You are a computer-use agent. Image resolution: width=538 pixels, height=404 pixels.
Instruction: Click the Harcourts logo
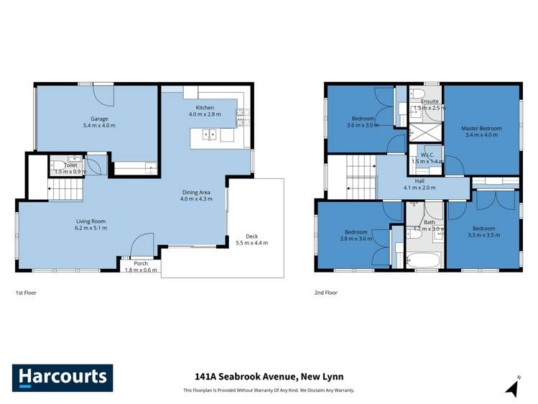(62, 377)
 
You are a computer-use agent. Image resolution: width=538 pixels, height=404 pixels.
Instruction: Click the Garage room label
(98, 119)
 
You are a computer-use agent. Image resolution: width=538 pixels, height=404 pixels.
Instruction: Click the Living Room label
(91, 221)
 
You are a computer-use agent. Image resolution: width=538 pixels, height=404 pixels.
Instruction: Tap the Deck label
(251, 236)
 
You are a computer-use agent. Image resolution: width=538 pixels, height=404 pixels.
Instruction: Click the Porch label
(141, 263)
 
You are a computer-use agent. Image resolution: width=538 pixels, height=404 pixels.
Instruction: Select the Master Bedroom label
(481, 129)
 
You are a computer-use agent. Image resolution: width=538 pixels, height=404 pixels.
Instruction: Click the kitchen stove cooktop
(241, 112)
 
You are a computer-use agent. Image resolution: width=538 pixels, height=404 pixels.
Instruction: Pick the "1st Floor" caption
(26, 293)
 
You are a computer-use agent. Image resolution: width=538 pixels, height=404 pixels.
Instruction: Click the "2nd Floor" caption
(325, 293)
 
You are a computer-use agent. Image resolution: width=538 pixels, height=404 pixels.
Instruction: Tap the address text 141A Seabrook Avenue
(269, 376)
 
